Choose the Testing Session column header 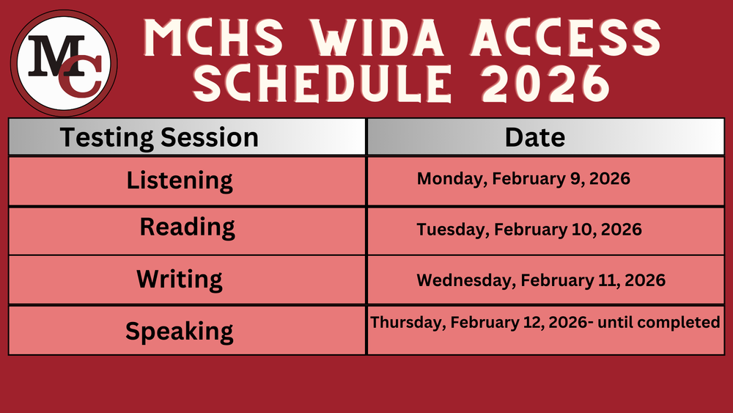coord(159,137)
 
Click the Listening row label coord(180,180)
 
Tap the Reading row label coord(188,227)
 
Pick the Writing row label coord(180,279)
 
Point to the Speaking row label coord(180,331)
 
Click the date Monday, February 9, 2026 coord(523,178)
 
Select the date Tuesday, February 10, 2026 coord(529,230)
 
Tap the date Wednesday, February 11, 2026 coord(541,280)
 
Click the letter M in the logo coord(54,54)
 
